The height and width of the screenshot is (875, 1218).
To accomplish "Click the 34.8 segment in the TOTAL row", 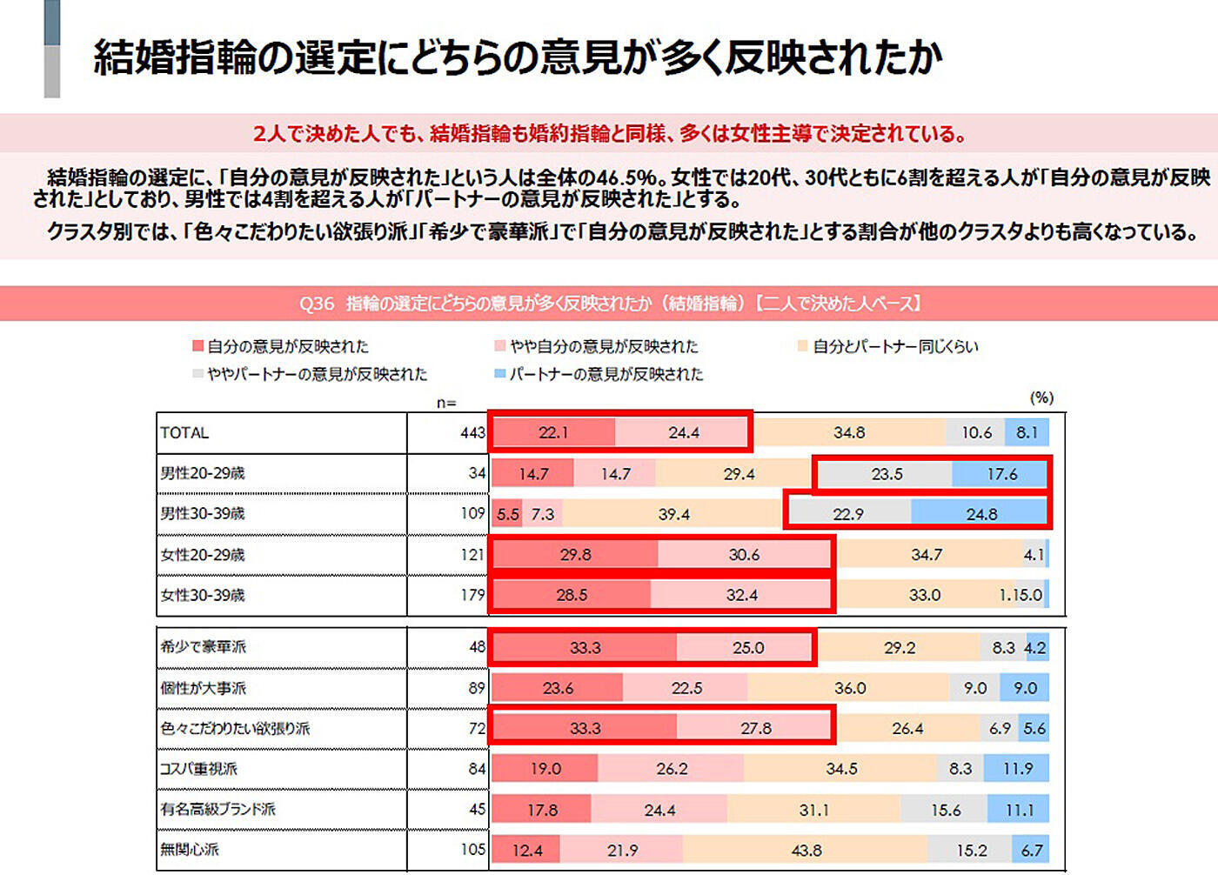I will pos(848,432).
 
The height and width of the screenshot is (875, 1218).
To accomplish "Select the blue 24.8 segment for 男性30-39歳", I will pos(980,514).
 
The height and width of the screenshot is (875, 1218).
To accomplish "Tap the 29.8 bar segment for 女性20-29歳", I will pos(575,555).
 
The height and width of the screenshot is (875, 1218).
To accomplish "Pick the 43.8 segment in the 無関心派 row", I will pos(806,850).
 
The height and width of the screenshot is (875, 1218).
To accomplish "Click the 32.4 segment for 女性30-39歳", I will pos(741,595).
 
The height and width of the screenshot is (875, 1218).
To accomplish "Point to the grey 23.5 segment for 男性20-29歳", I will pos(886,474).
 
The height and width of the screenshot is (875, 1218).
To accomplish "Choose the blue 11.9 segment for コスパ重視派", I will pos(1017,769).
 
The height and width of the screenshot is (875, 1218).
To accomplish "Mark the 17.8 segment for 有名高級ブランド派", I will pos(542,810).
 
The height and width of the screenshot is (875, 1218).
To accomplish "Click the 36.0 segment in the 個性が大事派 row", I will pos(849,688).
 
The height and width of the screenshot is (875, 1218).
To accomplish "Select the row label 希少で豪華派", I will pos(204,647).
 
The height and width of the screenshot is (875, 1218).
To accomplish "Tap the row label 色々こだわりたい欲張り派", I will pos(235,729).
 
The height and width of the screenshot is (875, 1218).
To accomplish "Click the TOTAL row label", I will pos(184,433).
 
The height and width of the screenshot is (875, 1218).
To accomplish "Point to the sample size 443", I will pos(472,433).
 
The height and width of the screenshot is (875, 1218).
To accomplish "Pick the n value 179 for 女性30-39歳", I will pos(472,595).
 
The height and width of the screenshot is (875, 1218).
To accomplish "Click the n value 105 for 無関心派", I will pos(472,850).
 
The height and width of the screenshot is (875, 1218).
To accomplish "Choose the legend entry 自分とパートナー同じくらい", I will pos(894,347).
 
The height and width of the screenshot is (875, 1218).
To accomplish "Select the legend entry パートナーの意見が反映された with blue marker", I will pos(606,375).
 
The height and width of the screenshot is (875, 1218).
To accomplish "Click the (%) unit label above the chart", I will pos(1041,397).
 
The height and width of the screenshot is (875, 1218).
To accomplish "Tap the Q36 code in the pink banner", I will pos(317,304).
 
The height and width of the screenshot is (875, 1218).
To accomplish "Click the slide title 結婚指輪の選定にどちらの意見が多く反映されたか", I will pos(518,57).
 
